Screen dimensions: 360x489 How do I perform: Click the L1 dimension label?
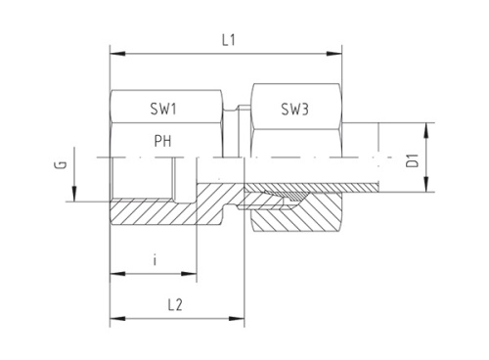[226, 40]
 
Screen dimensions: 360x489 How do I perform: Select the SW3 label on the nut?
[294, 110]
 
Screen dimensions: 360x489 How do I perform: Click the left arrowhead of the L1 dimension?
[115, 53]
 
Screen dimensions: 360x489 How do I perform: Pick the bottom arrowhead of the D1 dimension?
[427, 186]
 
